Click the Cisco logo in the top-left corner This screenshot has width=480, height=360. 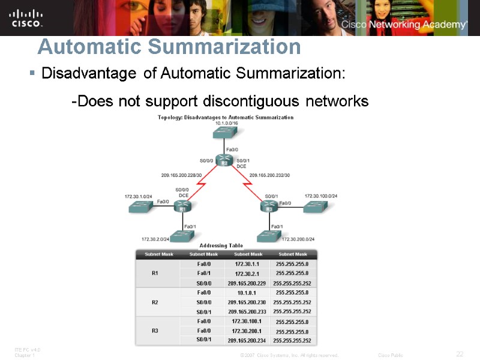[x=26, y=18]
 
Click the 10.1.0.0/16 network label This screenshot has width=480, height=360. [x=226, y=123]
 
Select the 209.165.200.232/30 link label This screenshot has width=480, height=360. [x=269, y=175]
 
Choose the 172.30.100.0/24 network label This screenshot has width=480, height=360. [x=321, y=196]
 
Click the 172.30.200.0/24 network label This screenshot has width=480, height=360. [x=298, y=239]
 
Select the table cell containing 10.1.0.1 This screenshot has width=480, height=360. [x=247, y=293]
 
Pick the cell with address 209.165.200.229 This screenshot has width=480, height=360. [x=247, y=283]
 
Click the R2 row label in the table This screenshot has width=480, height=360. [x=155, y=302]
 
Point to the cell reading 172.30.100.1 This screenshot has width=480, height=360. [x=247, y=322]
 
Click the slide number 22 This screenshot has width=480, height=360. [x=460, y=354]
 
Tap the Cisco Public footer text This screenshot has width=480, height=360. [x=391, y=355]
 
